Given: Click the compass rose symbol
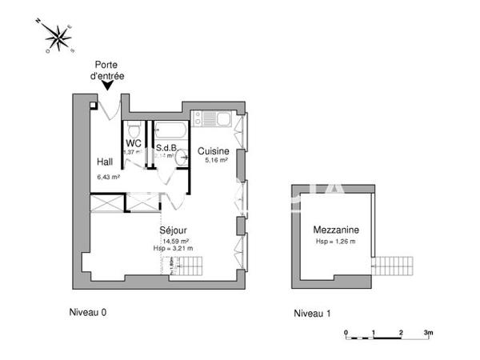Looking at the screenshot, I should tap(58, 37).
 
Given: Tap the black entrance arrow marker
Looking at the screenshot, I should tap(108, 86).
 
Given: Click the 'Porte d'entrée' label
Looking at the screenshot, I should tap(108, 70).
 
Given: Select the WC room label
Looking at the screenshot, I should tap(133, 143).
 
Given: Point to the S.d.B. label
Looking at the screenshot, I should tap(166, 147).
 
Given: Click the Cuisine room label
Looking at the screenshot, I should tap(214, 151).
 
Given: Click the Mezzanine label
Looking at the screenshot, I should tap(335, 230).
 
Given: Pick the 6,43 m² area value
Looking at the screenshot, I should tap(108, 177).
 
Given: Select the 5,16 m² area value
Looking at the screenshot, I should tap(216, 161).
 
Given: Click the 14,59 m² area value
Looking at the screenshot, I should tap(176, 241).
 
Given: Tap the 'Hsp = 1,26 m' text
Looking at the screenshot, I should tap(335, 241).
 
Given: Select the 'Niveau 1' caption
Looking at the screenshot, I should tap(313, 313).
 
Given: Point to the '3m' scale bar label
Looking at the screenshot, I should tap(428, 331).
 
